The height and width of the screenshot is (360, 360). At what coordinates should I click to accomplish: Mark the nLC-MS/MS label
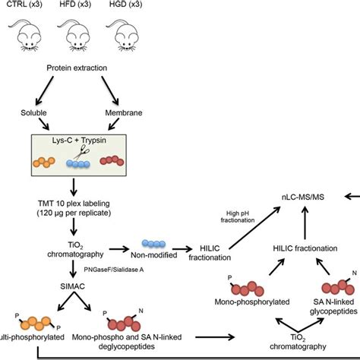click(x=303, y=196)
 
